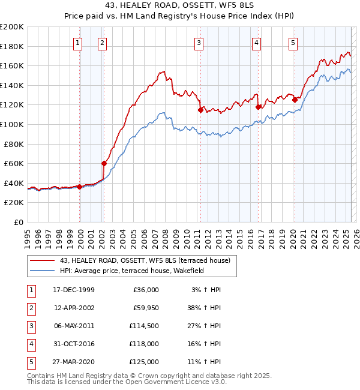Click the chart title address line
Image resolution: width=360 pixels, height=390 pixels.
(x=180, y=5)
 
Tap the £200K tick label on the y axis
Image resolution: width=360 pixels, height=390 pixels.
(x=12, y=27)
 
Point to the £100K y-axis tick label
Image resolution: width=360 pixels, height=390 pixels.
(x=12, y=124)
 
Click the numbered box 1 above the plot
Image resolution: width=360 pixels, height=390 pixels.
(x=79, y=43)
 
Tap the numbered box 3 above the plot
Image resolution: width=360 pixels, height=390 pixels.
(x=198, y=43)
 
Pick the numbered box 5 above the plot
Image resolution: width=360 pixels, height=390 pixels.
(x=293, y=43)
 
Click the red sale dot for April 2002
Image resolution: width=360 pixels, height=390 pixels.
(x=104, y=163)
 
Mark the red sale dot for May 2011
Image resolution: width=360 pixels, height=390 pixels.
(x=200, y=110)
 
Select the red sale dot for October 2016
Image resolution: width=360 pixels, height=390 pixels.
(x=259, y=107)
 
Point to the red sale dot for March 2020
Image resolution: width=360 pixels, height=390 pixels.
(x=295, y=100)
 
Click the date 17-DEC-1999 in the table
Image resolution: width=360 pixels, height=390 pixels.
(x=73, y=290)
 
